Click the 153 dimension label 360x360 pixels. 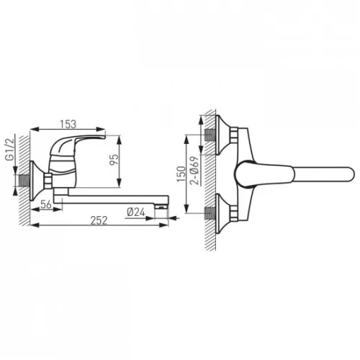[68, 124]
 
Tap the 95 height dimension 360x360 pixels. [114, 159]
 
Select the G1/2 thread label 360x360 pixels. [10, 149]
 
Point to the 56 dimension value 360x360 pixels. [46, 204]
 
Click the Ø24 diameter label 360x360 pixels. [136, 212]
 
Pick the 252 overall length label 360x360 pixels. [99, 220]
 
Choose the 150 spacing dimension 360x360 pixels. [181, 174]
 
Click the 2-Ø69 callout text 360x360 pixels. [194, 171]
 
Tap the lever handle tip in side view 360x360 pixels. [104, 137]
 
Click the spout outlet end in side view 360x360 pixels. [161, 207]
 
